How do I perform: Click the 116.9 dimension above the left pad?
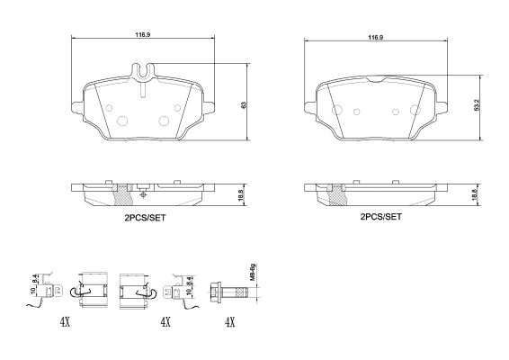pyautogui.click(x=143, y=34)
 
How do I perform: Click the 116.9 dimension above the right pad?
pyautogui.click(x=376, y=38)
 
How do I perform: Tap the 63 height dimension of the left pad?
pyautogui.click(x=244, y=105)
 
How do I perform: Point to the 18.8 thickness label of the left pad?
pyautogui.click(x=240, y=195)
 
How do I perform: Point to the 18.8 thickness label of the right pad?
pyautogui.click(x=474, y=195)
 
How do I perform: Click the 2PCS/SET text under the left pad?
pyautogui.click(x=145, y=218)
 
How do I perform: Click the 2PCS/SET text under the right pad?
pyautogui.click(x=380, y=216)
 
